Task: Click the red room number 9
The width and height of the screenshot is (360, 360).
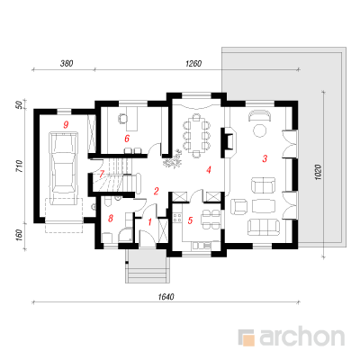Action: (67, 124)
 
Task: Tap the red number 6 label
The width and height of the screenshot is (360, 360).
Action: (127, 139)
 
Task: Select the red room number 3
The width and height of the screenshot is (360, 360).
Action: (265, 158)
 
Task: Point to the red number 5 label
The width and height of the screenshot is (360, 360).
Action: (190, 220)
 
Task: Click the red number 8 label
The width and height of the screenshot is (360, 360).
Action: (111, 219)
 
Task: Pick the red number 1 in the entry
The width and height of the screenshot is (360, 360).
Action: (150, 222)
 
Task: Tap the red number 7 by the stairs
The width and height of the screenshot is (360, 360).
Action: (102, 174)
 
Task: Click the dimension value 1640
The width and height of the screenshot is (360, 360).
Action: (166, 297)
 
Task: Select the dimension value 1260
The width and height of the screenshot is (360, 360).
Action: (193, 64)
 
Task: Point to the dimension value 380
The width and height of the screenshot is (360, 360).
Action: (67, 64)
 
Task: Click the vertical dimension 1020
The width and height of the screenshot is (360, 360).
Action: (319, 172)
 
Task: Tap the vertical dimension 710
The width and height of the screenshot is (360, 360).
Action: (19, 166)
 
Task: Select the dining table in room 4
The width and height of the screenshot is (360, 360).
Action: (196, 136)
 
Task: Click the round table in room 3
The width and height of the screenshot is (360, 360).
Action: (260, 130)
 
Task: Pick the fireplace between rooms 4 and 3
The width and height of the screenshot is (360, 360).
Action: (229, 142)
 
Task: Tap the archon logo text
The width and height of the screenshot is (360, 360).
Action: (302, 337)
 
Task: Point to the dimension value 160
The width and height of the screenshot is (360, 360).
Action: (19, 236)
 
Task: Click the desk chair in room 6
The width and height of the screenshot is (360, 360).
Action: (122, 119)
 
